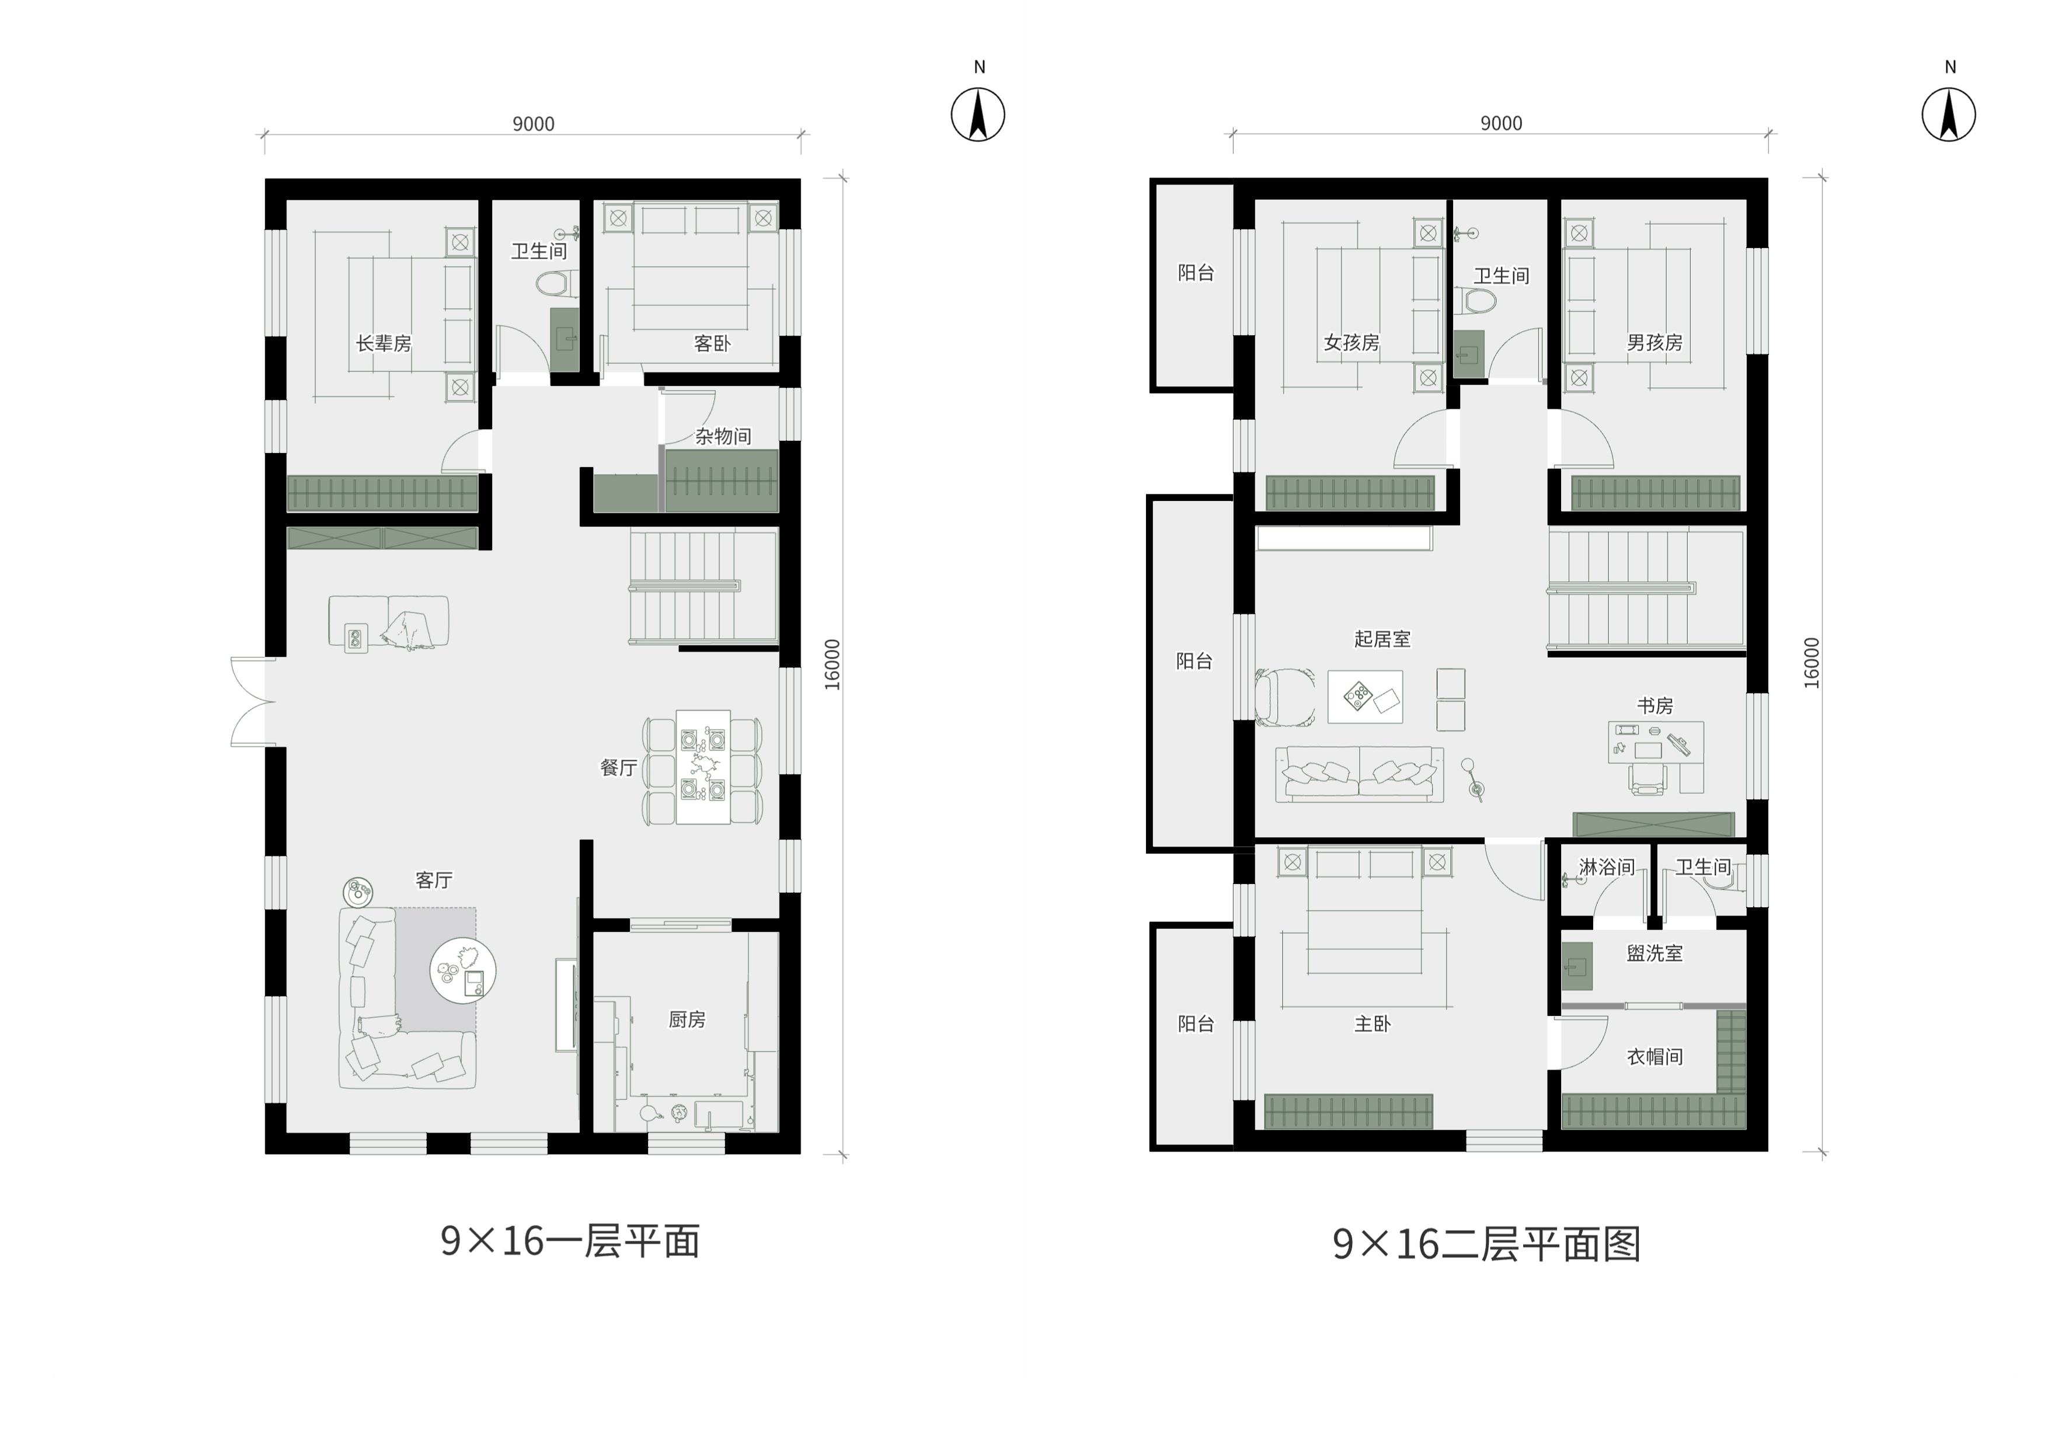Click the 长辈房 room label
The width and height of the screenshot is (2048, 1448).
tap(384, 343)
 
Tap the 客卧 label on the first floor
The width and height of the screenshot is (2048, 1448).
tap(712, 343)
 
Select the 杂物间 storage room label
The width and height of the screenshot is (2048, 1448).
tap(723, 436)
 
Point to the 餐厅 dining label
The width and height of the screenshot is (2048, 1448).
tap(618, 767)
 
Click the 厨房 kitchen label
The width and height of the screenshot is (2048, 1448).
tap(687, 1019)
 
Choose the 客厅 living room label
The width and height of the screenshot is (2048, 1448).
tap(434, 880)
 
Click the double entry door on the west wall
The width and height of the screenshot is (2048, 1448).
tap(253, 702)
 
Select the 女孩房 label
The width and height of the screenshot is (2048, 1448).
tap(1352, 343)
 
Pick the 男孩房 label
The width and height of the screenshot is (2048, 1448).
tap(1655, 343)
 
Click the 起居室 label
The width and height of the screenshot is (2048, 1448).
tap(1382, 639)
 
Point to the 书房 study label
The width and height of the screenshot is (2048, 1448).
tap(1655, 706)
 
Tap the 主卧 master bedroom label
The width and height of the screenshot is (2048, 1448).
tap(1373, 1024)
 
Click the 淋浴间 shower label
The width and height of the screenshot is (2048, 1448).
tap(1607, 867)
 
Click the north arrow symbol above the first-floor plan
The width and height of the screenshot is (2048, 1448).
tap(978, 115)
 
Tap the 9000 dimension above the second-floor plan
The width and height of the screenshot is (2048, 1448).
tap(1501, 123)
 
